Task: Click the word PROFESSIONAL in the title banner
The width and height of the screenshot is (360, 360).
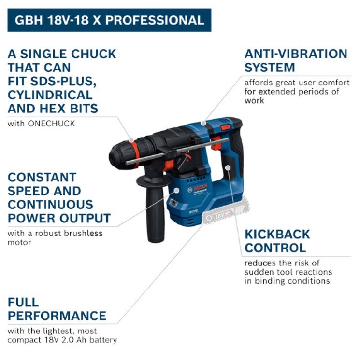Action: [155, 20]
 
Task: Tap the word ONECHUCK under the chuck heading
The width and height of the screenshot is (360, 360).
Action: [51, 124]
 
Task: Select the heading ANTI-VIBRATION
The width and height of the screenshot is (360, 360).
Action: [296, 54]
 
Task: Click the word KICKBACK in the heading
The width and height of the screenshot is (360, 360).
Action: [277, 234]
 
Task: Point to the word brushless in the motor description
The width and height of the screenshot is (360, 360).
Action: [83, 233]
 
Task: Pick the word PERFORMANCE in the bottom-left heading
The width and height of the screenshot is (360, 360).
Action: [57, 316]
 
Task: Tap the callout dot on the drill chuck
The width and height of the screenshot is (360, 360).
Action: [131, 140]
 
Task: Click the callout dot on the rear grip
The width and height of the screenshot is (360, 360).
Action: [228, 168]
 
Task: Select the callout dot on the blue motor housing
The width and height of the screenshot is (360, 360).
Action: [176, 190]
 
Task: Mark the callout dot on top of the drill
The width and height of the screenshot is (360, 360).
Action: [203, 123]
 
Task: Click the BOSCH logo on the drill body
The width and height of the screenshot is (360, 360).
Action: [200, 188]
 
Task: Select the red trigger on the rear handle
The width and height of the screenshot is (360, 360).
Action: [216, 143]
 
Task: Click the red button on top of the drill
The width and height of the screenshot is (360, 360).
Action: [226, 127]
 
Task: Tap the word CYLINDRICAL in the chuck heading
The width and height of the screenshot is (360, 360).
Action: [50, 95]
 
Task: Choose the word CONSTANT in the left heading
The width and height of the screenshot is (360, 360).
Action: [42, 177]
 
